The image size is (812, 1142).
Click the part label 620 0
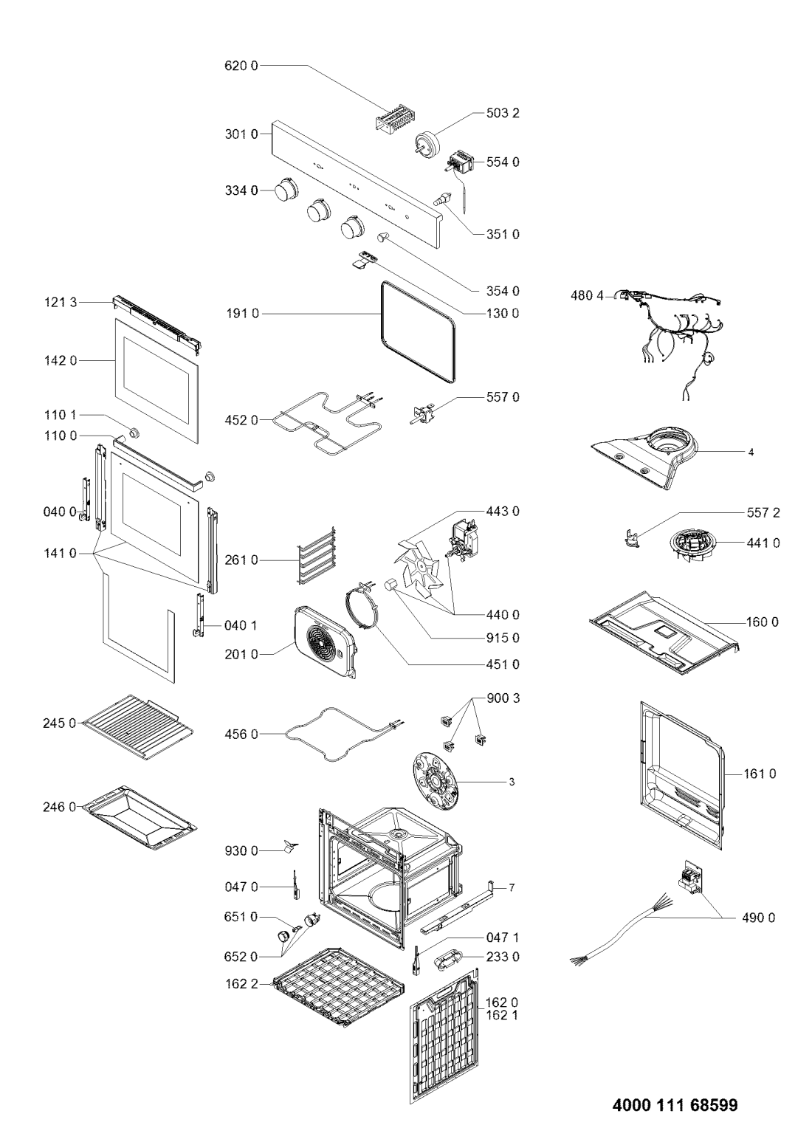[x=241, y=66]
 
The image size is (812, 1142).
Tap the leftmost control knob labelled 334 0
[x=286, y=191]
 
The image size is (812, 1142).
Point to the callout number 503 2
[x=503, y=113]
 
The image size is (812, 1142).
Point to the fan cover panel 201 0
[x=326, y=642]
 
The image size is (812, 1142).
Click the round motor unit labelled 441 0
[x=692, y=546]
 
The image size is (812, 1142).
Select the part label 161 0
[x=760, y=774]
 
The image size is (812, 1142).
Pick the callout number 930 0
[x=241, y=850]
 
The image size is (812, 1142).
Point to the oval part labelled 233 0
[x=447, y=957]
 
